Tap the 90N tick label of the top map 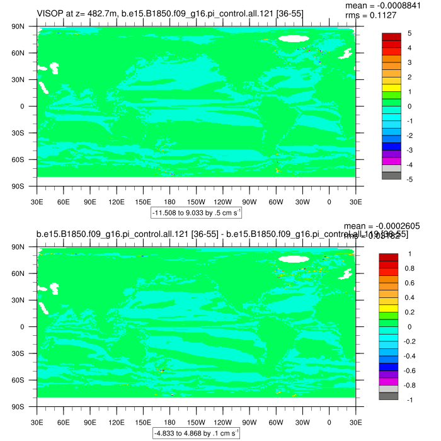point(25,27)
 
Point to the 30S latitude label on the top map point(25,134)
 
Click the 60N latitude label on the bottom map point(25,274)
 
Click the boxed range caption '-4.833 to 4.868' point(197,433)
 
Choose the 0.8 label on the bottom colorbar point(409,268)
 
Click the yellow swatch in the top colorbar point(392,88)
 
